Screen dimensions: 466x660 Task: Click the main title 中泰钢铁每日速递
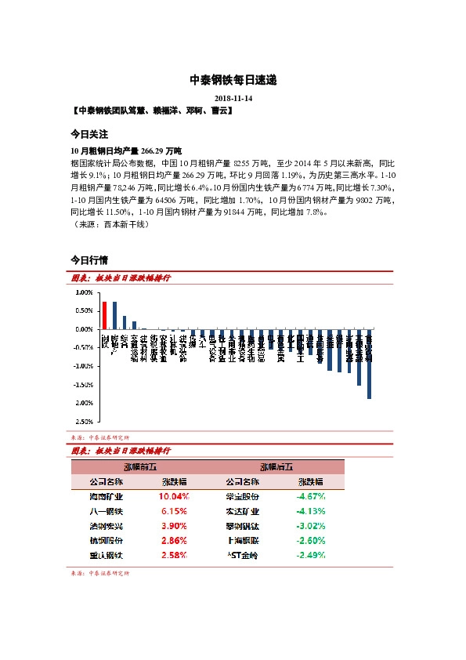click(233, 80)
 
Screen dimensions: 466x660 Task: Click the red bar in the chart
click(105, 316)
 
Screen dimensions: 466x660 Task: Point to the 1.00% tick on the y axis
click(83, 292)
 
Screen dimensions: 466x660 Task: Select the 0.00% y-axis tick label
click(83, 329)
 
